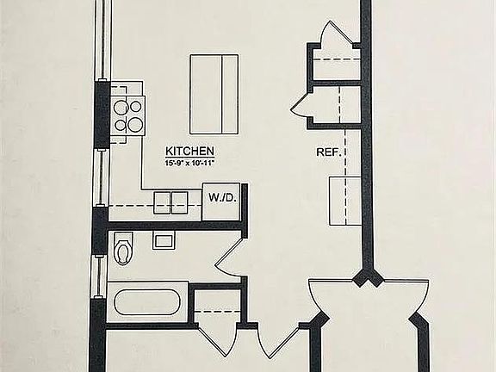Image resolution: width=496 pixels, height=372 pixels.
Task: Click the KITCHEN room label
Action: point(189,152)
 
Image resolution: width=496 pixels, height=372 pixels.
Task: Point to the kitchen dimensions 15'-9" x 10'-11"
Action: point(189,164)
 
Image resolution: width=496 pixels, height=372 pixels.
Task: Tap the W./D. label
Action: point(223,197)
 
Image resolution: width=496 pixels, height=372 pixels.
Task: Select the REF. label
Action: point(329,152)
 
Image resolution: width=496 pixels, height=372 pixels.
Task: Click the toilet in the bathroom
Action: point(123,249)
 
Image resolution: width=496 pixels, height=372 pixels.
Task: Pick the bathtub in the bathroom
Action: point(146,301)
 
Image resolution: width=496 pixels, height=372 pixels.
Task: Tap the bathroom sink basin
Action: point(164,241)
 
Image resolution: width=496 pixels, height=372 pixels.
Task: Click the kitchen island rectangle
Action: point(214,94)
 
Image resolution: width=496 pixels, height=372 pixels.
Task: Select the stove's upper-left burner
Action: point(121,108)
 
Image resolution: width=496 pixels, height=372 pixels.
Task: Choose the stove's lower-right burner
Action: point(136,124)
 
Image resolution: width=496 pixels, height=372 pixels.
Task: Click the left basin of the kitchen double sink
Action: point(162,202)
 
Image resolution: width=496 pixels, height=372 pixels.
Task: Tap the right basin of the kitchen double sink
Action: point(180,202)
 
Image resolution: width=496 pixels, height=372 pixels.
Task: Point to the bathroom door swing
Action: point(229,257)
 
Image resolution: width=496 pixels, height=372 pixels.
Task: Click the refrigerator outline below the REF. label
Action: point(345,201)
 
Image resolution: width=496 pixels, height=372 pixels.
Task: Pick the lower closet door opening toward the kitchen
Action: point(301,106)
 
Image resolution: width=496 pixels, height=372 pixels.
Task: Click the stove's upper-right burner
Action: point(136,107)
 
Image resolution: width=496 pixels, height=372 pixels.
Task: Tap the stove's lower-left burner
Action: point(120,125)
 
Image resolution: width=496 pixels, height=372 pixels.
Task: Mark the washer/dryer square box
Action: point(221,201)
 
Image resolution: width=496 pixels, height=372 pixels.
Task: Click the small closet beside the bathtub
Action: point(217,305)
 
